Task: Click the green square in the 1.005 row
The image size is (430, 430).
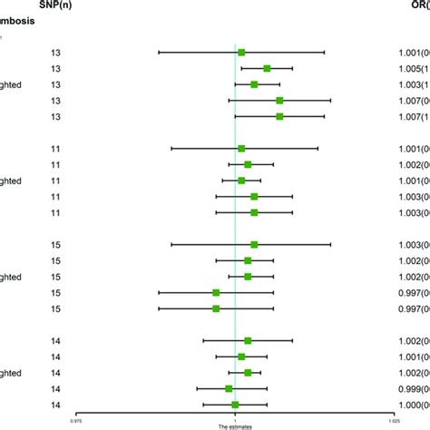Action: pyautogui.click(x=267, y=68)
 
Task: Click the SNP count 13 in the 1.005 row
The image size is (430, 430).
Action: pyautogui.click(x=55, y=68)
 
